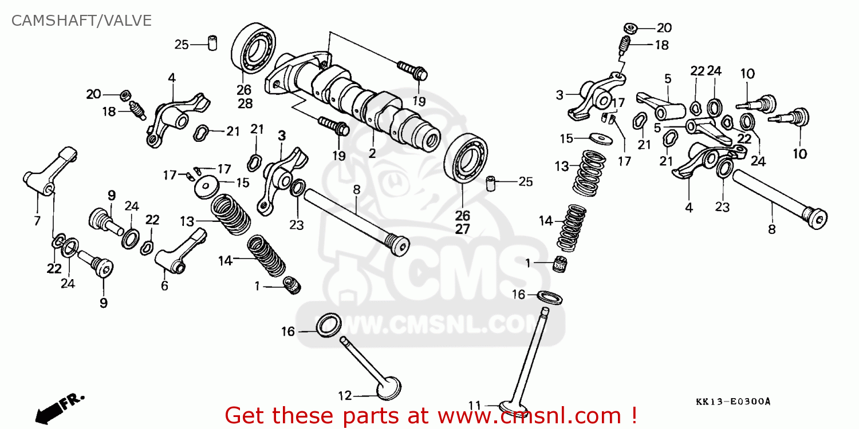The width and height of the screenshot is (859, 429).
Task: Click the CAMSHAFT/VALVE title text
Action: point(82,21)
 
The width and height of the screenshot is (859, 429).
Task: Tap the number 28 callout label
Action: point(245,104)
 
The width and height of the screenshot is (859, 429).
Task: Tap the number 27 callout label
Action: point(462,229)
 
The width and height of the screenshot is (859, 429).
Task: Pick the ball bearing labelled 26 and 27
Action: point(468,158)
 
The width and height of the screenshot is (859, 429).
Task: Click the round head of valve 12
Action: point(388,387)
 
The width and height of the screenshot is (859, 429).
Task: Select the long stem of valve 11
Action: point(530,355)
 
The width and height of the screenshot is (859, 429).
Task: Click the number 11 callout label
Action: point(474,406)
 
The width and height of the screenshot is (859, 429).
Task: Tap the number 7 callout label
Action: point(37,221)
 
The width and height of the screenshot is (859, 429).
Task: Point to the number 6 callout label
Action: point(164,286)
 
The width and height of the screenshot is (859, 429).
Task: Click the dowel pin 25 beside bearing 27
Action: point(490,184)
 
